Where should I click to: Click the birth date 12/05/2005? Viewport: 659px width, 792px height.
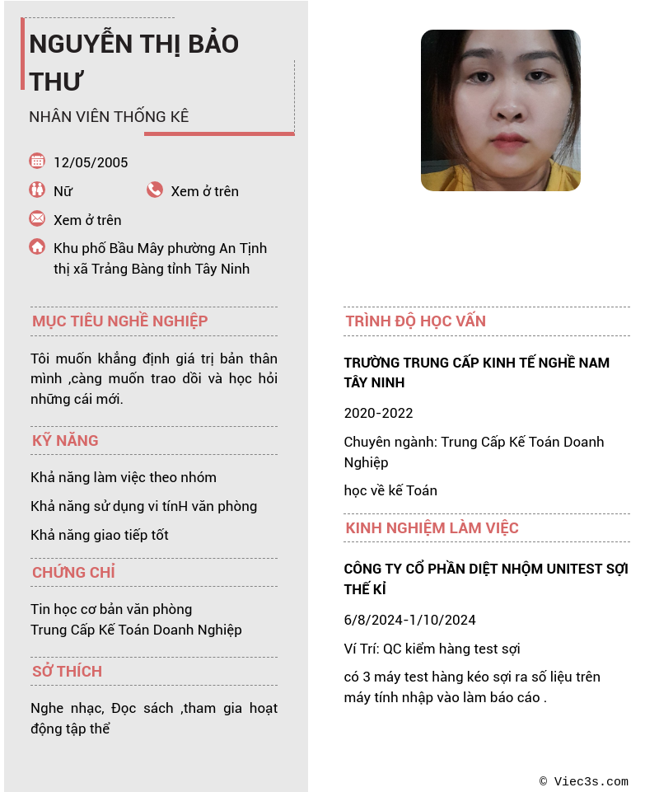tap(91, 162)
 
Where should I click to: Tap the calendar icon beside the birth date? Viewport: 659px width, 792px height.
tap(37, 161)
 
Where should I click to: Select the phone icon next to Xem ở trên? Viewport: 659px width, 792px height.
tap(155, 190)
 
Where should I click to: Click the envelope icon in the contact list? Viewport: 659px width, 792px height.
tap(37, 218)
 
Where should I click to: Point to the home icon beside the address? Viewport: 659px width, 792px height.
tap(37, 246)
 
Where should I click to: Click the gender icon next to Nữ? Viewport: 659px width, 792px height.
tap(37, 190)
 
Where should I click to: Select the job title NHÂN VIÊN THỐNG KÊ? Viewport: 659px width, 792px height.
tap(109, 116)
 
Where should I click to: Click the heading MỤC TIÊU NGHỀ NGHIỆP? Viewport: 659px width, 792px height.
tap(119, 321)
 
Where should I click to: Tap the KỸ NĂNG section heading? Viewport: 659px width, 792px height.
tap(65, 440)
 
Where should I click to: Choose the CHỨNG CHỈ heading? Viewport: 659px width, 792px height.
tap(73, 572)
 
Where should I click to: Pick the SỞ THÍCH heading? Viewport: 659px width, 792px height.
tap(67, 671)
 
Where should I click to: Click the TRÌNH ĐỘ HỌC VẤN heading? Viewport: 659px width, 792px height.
tap(415, 321)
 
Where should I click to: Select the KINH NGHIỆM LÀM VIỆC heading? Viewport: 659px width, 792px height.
tap(432, 527)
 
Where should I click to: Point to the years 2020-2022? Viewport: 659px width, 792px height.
tap(378, 413)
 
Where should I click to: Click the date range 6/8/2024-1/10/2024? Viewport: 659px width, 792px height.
tap(409, 620)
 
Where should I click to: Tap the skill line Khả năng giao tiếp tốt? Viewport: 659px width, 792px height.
tap(100, 535)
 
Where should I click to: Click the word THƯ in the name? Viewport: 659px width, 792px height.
tap(57, 82)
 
